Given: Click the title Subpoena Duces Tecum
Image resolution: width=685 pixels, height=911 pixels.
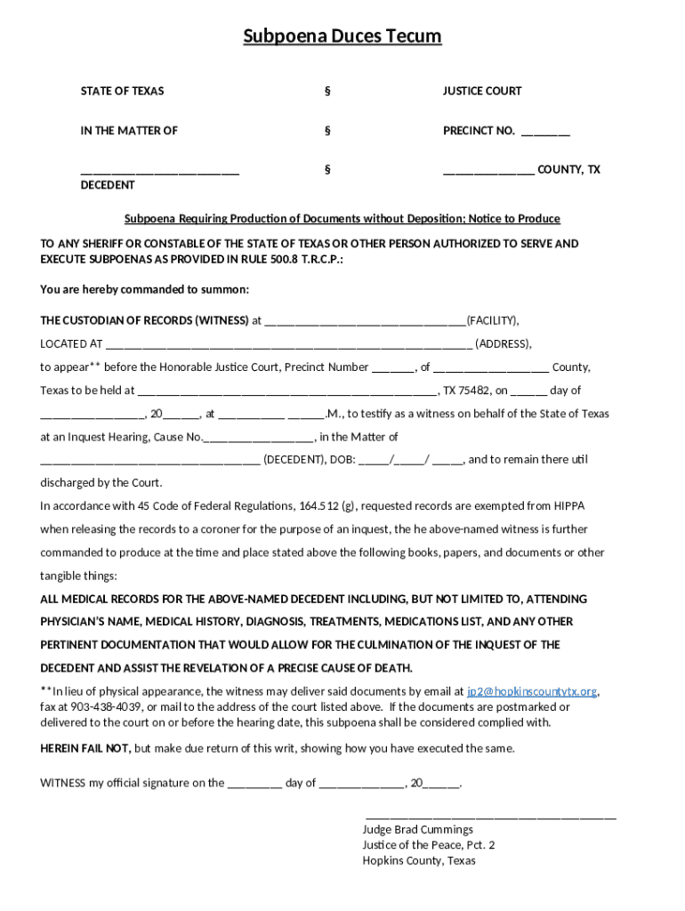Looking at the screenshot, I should (342, 36).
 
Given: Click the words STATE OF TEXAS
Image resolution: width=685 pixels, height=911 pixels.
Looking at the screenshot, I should (122, 91).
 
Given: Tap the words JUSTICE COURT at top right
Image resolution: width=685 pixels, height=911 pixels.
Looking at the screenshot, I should (482, 91).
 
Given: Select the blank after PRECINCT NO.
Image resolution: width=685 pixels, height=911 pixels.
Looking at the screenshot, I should (545, 133).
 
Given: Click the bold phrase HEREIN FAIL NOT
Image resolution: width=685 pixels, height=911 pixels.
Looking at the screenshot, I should (85, 748).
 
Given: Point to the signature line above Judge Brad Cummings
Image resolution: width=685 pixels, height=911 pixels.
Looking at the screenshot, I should (490, 816).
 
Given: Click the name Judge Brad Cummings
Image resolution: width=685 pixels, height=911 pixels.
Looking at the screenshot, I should (417, 830).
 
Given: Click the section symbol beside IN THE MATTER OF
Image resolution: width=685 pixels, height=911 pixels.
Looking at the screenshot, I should (327, 131).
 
